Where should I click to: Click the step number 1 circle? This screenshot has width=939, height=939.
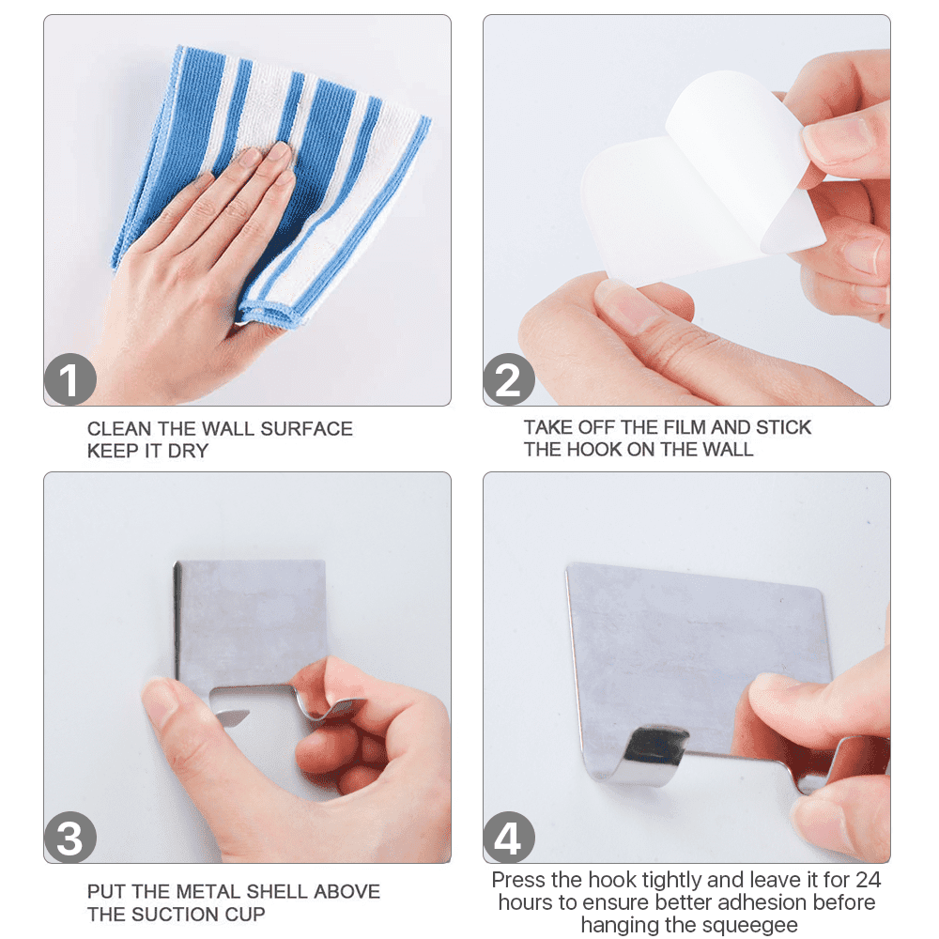coord(70,379)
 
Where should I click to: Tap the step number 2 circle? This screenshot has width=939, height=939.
coord(509,379)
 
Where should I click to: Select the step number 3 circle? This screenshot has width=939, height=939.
coord(70,838)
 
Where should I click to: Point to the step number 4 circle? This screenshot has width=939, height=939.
coord(509,838)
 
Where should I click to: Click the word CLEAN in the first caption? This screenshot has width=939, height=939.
coord(119,429)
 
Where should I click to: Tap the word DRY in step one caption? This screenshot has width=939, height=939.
coord(188,451)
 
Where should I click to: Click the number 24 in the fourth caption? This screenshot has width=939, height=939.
coord(868,880)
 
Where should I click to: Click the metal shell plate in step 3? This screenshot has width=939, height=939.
coord(252,623)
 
